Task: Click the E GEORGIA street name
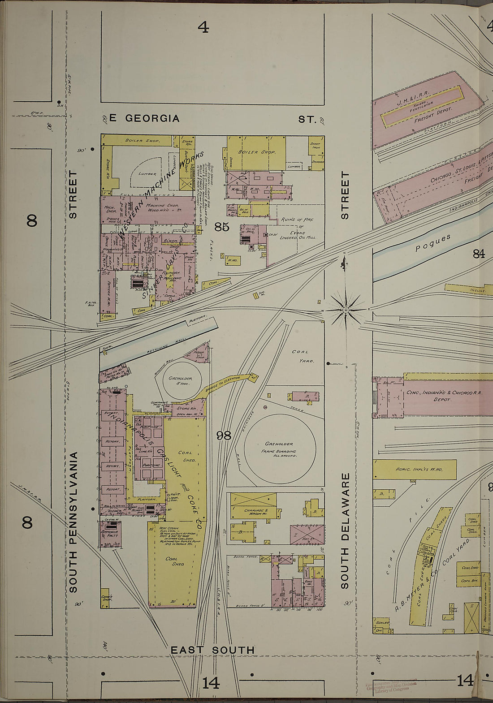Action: pyautogui.click(x=144, y=118)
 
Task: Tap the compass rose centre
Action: pyautogui.click(x=346, y=310)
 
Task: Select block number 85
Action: pyautogui.click(x=222, y=227)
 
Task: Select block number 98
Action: pyautogui.click(x=224, y=435)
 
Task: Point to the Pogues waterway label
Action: pyautogui.click(x=432, y=242)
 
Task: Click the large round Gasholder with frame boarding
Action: pyautogui.click(x=280, y=447)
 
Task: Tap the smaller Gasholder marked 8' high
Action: pyautogui.click(x=181, y=381)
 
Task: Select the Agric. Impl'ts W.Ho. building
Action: pyautogui.click(x=415, y=469)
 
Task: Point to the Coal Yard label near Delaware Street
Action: pyautogui.click(x=303, y=356)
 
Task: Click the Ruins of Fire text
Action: pyautogui.click(x=297, y=220)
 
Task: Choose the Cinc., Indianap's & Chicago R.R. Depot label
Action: pyautogui.click(x=444, y=395)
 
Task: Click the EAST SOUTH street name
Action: pyautogui.click(x=212, y=650)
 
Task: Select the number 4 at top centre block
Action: pyautogui.click(x=203, y=28)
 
